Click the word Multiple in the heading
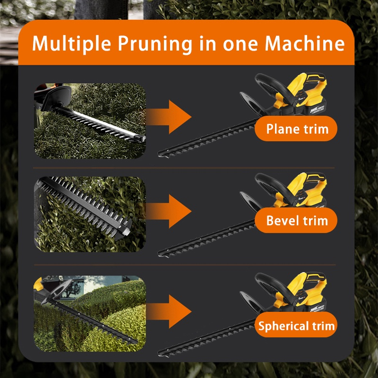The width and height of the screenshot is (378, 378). (72, 43)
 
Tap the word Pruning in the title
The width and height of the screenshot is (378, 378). (155, 44)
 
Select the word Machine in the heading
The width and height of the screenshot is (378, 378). (305, 43)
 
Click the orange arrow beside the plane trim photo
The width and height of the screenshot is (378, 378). (169, 117)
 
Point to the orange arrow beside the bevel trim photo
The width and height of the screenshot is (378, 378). (169, 211)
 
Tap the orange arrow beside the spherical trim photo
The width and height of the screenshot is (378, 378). (169, 311)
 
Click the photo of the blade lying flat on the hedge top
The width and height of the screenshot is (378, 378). (90, 121)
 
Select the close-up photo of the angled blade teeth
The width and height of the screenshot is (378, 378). (90, 215)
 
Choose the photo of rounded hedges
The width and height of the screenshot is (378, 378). (90, 313)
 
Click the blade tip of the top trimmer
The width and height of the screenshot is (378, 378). (159, 154)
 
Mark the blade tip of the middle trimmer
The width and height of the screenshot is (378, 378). (159, 253)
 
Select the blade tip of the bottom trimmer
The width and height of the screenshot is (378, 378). (159, 353)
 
